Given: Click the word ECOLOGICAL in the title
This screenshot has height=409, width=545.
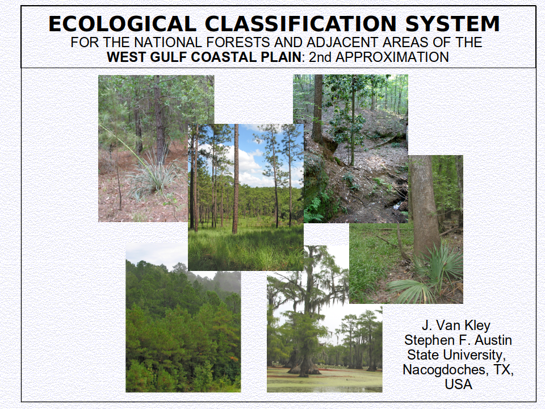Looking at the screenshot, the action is [123, 24].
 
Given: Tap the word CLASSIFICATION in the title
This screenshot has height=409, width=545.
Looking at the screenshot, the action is [301, 24].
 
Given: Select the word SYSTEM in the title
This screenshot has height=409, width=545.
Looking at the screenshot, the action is [452, 24].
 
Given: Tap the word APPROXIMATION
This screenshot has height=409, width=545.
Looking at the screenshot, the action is [392, 57].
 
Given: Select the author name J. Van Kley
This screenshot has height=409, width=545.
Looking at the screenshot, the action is [456, 325].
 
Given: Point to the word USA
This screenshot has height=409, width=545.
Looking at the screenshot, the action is [459, 385].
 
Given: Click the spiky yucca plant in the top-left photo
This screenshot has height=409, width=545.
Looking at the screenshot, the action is [153, 176].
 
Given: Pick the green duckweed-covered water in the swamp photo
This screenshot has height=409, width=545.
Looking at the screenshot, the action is [324, 380].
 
